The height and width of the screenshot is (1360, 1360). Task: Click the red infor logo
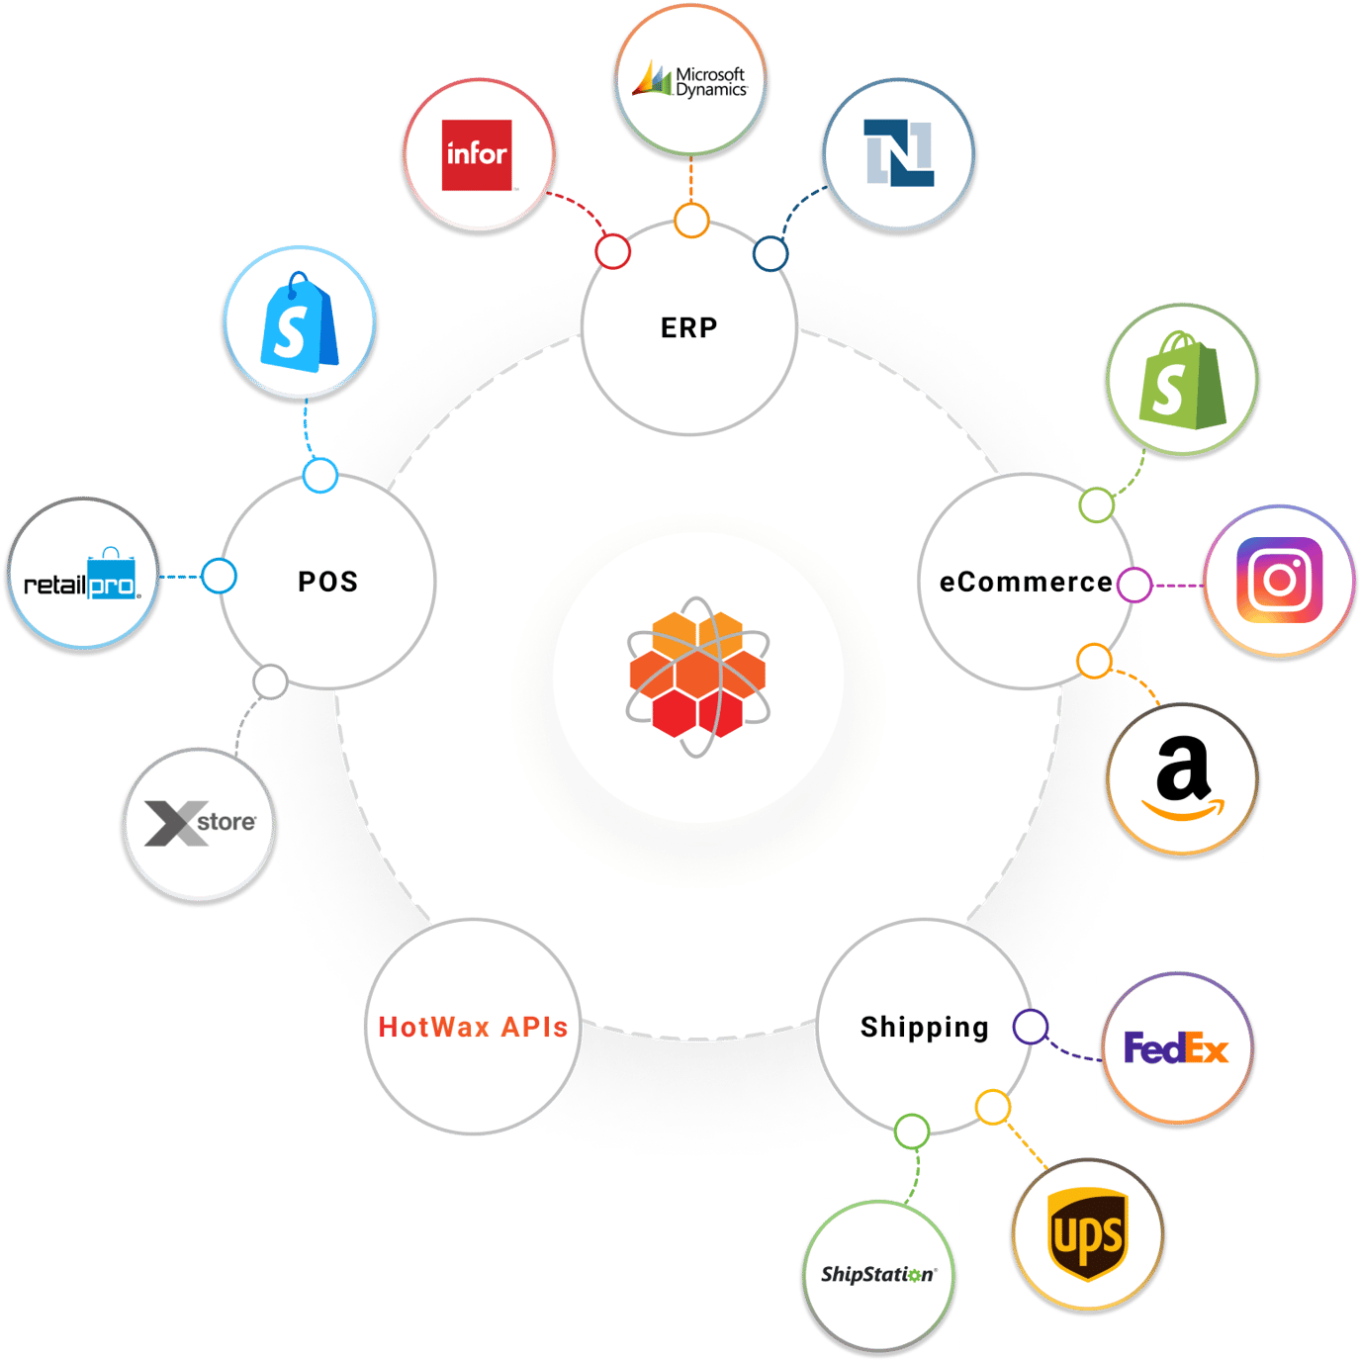(x=477, y=155)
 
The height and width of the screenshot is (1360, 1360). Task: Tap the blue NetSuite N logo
(x=898, y=153)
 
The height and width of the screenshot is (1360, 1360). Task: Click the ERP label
(x=689, y=327)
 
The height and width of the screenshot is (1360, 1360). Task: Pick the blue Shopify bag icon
(x=299, y=323)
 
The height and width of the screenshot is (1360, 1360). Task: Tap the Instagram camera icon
(x=1280, y=581)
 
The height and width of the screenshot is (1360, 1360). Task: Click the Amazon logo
(x=1183, y=779)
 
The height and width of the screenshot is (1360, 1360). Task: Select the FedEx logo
(x=1176, y=1048)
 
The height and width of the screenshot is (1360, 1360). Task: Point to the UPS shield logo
(x=1088, y=1234)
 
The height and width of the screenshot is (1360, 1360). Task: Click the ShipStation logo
(x=878, y=1274)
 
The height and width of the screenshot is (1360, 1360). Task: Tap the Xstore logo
(x=200, y=823)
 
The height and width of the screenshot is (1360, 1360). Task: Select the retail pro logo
(x=83, y=576)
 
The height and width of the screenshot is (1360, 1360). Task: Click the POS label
(x=328, y=582)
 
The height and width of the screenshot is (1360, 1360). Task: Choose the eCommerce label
(x=1026, y=583)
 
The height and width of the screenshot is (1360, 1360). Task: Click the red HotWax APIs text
(x=473, y=1028)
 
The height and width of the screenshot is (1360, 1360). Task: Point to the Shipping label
(x=924, y=1028)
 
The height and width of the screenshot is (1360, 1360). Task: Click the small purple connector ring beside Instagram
(x=1134, y=585)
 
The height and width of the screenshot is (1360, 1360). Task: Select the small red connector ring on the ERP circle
(x=613, y=251)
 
